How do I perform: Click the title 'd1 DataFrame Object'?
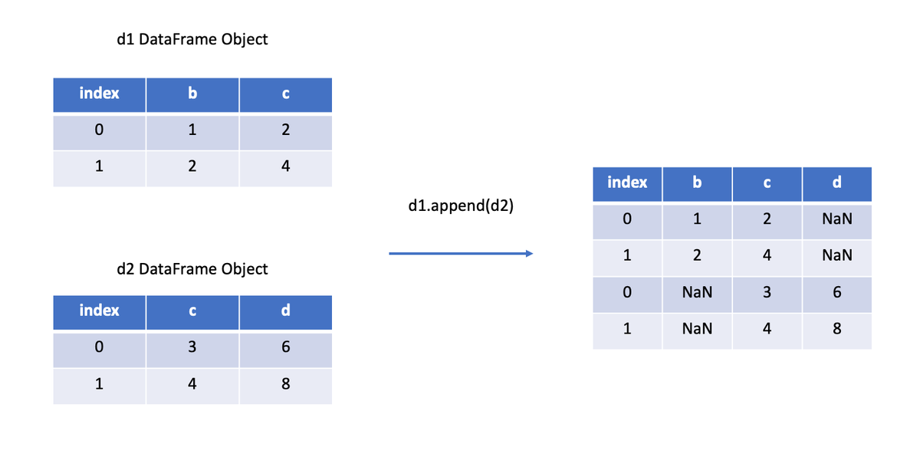[192, 40]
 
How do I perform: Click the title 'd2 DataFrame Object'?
[192, 269]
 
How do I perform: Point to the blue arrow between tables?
[460, 253]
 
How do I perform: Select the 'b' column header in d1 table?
[192, 94]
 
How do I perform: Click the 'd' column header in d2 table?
[285, 311]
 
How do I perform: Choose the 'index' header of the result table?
[627, 183]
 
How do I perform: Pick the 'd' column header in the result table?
[836, 183]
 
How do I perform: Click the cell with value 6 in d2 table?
[285, 347]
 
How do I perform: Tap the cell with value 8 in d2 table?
[285, 384]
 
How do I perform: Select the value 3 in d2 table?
[192, 347]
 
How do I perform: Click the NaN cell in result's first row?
[836, 220]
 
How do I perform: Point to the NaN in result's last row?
[697, 329]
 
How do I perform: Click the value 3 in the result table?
[767, 293]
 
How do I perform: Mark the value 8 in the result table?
[836, 329]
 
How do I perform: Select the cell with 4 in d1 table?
[285, 166]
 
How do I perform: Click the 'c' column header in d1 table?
[285, 94]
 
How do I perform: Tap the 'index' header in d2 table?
[99, 311]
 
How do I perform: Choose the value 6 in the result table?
[836, 293]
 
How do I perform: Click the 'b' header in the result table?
[697, 183]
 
